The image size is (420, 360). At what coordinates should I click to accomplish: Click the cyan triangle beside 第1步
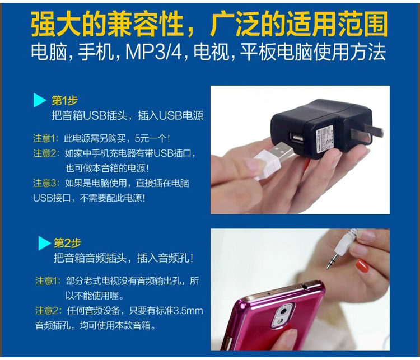click(x=39, y=100)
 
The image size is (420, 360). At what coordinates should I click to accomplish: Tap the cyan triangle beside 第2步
click(x=44, y=243)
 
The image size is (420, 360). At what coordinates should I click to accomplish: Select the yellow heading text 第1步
click(x=64, y=101)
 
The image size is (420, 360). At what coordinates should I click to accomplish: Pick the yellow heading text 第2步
click(x=67, y=243)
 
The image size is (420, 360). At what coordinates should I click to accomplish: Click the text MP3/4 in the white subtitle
click(x=153, y=52)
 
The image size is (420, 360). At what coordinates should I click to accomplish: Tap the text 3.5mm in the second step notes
click(x=188, y=311)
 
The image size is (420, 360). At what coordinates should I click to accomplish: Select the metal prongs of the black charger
click(x=366, y=133)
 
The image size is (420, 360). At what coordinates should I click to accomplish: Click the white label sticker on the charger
click(x=325, y=138)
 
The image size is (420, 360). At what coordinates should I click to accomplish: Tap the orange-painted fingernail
click(x=362, y=266)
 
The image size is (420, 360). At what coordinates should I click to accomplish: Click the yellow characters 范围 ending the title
click(x=362, y=24)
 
